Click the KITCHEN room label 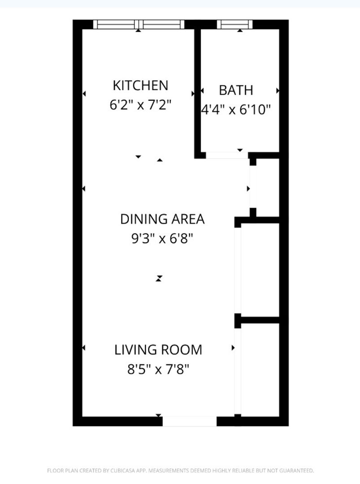tap(140, 86)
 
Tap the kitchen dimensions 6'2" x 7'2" tap(140, 105)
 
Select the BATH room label tap(236, 90)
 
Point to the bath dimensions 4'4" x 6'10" tap(236, 109)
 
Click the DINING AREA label tap(162, 219)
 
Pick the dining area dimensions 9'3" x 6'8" tap(162, 238)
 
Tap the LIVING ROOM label tap(158, 350)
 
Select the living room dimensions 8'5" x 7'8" tap(158, 369)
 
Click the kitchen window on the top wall tap(139, 24)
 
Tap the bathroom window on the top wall tap(234, 24)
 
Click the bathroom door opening tap(227, 155)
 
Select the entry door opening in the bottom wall tap(190, 421)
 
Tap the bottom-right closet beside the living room tap(260, 369)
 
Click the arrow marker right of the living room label tap(233, 348)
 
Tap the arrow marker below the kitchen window tap(139, 30)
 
